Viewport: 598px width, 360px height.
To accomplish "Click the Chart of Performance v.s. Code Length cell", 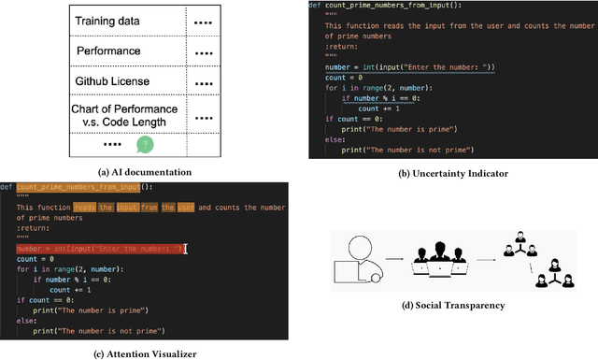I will point(125,116).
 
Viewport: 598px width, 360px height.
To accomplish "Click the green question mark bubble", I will point(144,145).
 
